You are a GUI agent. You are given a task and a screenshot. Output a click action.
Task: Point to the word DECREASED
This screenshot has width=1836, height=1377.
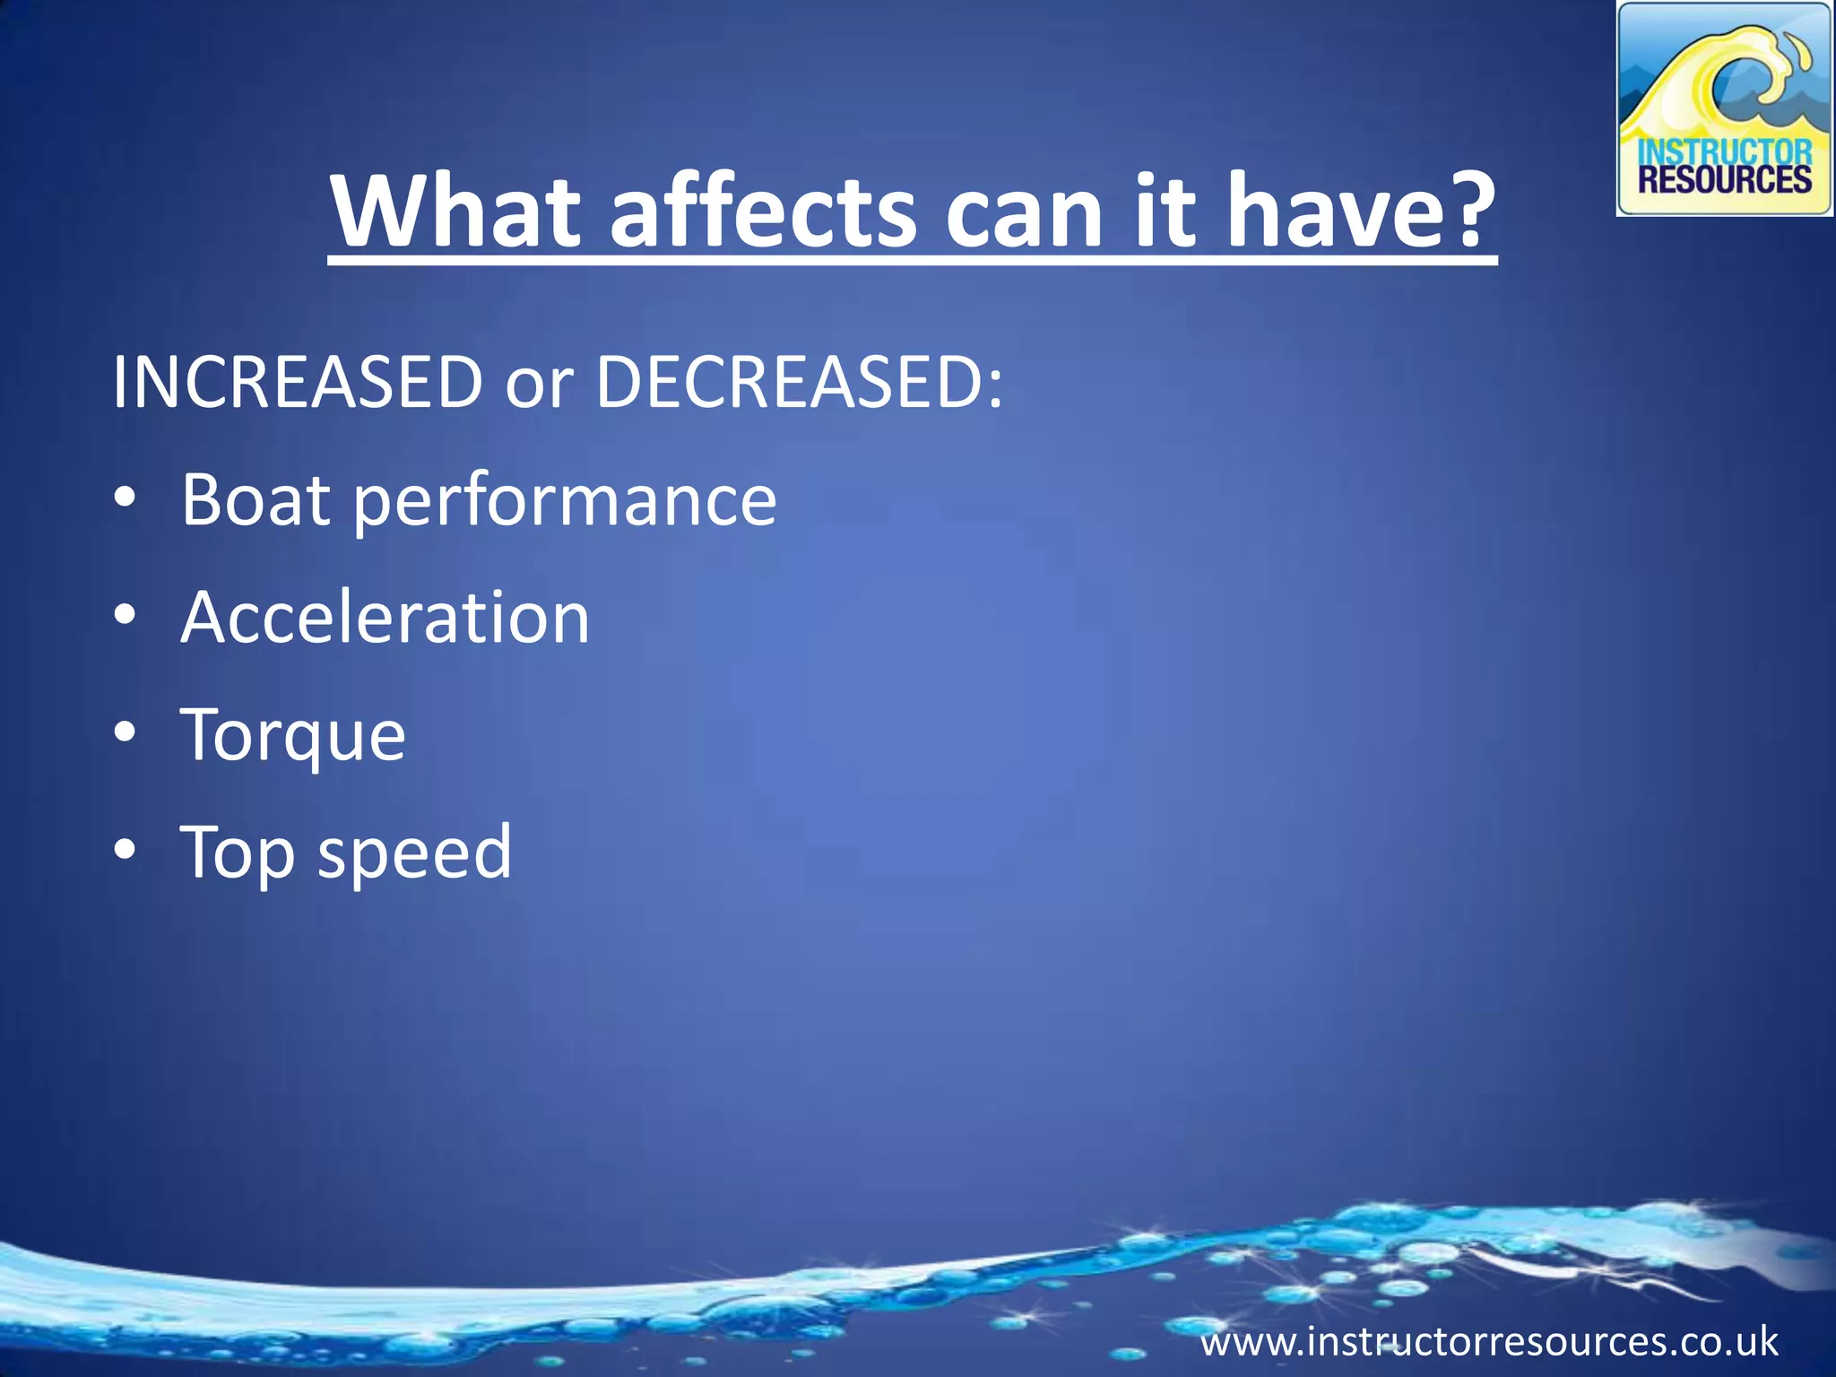(799, 383)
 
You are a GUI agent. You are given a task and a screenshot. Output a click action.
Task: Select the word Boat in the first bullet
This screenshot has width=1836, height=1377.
(255, 499)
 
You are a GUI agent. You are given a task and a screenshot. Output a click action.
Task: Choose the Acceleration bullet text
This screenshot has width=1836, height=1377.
(385, 618)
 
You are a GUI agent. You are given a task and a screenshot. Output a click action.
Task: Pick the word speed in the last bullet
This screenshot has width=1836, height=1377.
(414, 854)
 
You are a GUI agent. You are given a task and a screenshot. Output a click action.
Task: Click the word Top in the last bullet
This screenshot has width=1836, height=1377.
(237, 854)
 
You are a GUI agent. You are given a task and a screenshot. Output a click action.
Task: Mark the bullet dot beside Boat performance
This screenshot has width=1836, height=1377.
(126, 498)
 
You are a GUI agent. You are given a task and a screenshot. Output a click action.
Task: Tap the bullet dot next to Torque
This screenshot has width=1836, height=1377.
(126, 733)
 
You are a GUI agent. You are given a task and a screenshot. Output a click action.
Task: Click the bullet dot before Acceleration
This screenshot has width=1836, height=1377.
(126, 616)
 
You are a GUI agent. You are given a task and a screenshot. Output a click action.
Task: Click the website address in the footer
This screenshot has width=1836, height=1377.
(1489, 1342)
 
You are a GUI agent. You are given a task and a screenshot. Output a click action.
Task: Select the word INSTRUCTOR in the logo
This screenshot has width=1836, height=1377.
(1725, 152)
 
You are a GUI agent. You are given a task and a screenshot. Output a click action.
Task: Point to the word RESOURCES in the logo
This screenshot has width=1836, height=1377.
(1725, 180)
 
